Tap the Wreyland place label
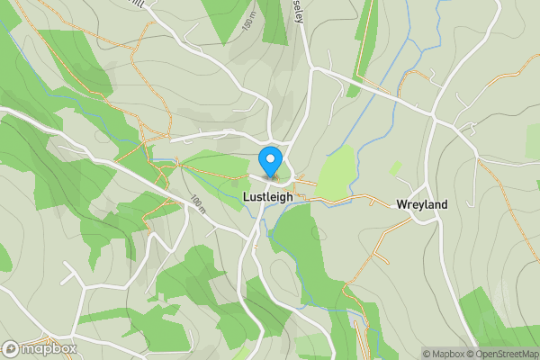pyautogui.click(x=422, y=204)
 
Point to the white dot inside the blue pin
pyautogui.click(x=269, y=158)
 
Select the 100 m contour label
pyautogui.click(x=199, y=205)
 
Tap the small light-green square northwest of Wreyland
pyautogui.click(x=395, y=168)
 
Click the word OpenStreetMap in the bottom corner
pyautogui.click(x=508, y=354)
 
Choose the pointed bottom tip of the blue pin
pyautogui.click(x=269, y=175)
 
